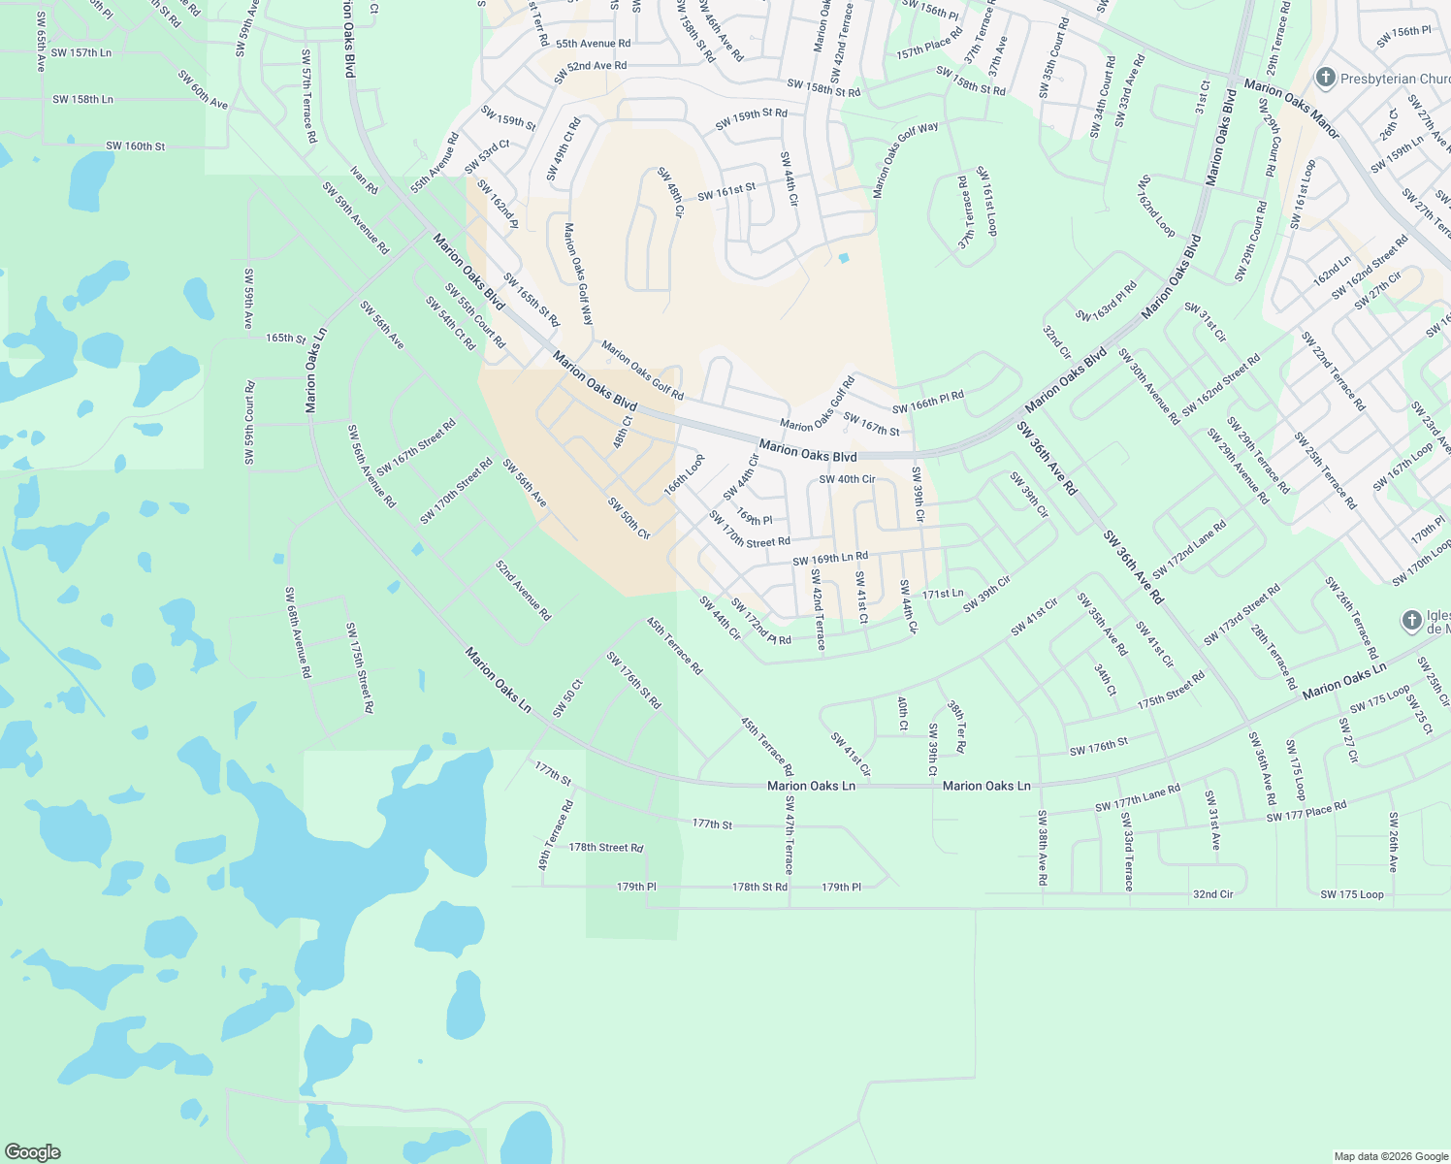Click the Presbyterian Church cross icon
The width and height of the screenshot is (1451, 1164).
[1325, 78]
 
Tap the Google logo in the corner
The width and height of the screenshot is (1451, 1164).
[32, 1151]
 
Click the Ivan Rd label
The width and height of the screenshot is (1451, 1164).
[365, 180]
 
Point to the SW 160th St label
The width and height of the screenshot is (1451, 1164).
[136, 146]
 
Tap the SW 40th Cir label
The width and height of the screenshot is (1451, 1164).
[847, 479]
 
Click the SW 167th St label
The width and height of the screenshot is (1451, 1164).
[871, 424]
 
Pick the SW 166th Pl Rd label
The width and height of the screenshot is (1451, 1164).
[928, 403]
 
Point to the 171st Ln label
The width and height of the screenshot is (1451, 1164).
[943, 594]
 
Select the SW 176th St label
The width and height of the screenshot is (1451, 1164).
[1099, 747]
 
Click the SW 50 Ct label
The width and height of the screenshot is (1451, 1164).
[567, 698]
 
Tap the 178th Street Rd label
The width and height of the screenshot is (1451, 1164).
[606, 847]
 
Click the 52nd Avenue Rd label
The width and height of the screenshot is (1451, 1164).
[523, 590]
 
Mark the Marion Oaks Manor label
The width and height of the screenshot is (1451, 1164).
[1291, 109]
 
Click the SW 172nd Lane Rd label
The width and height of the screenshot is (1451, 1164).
[1189, 549]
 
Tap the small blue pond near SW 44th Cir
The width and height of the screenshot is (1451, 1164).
[843, 258]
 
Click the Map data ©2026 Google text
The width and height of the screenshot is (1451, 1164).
[1390, 1156]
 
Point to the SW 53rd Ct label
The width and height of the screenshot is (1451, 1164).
[487, 158]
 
